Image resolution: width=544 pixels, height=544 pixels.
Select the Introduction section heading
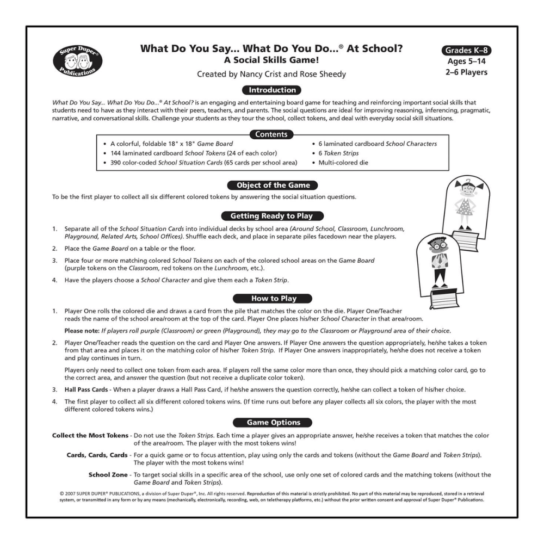272,90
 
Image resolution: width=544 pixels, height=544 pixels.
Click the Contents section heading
272,134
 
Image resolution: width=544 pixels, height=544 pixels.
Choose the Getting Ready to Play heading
272,215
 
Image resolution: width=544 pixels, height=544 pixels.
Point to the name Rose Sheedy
324,74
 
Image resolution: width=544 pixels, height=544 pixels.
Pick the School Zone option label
108,474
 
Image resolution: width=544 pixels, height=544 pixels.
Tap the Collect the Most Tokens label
90,436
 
